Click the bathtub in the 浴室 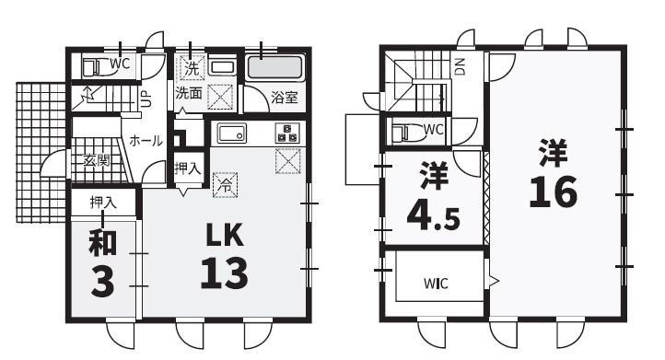274,67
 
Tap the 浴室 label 285,97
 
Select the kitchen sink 231,134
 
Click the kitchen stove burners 287,133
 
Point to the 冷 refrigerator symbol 226,185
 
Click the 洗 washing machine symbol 192,68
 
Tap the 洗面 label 189,93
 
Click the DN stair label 460,66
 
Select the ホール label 146,140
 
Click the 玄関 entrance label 97,160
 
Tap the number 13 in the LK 224,273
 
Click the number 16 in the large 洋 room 553,192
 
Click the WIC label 436,284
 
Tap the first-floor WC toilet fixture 92,67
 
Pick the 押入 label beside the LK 188,168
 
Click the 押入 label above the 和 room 103,203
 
